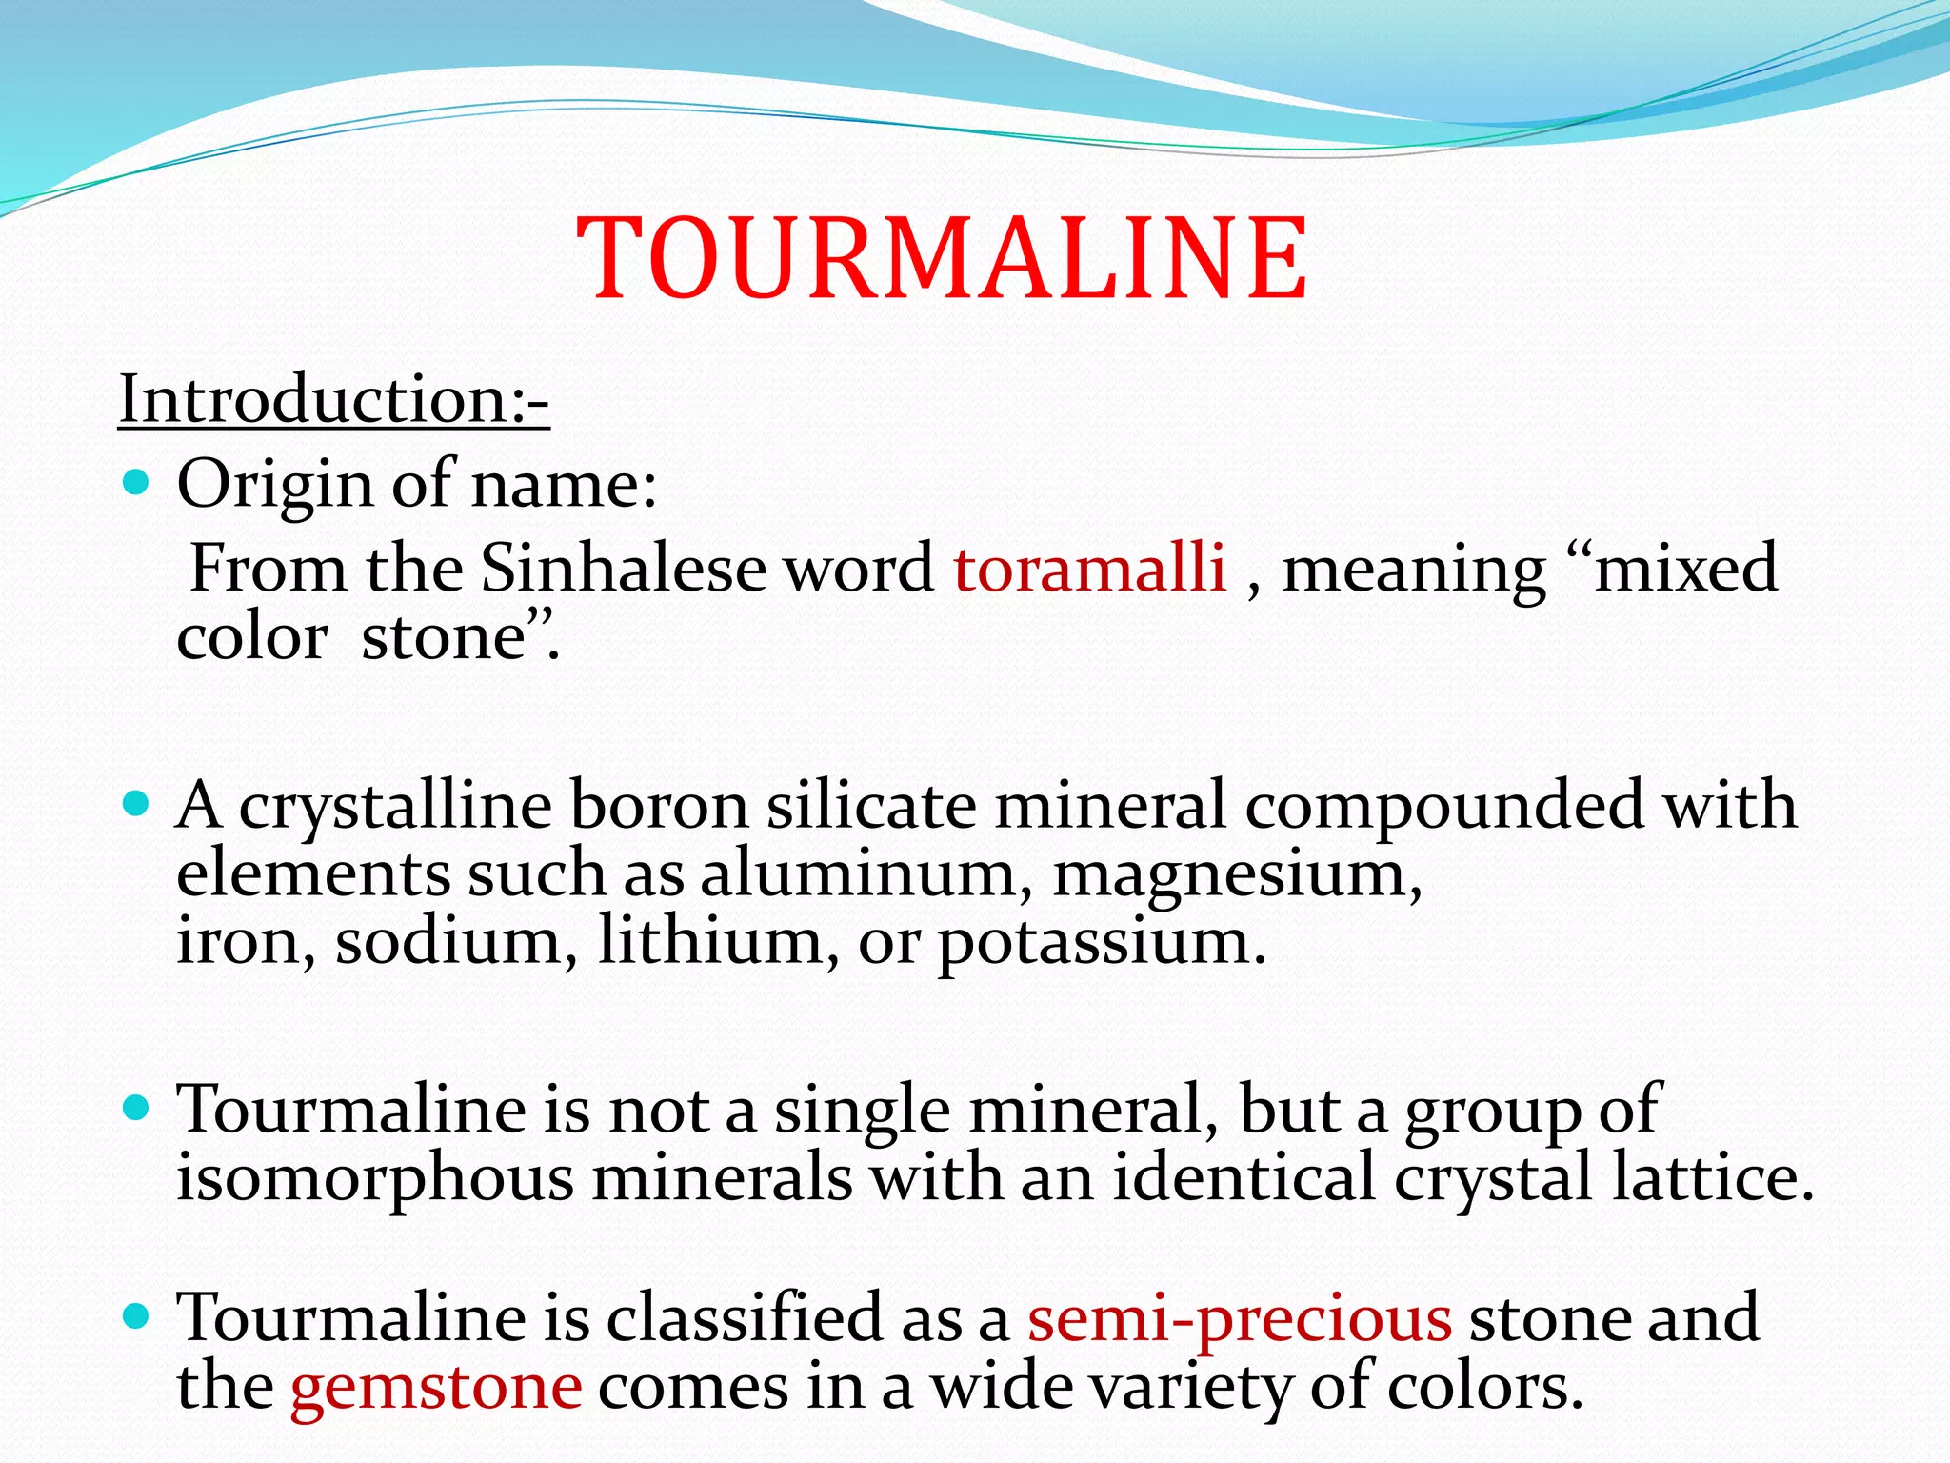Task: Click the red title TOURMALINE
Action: [x=943, y=258]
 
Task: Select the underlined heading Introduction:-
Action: [x=333, y=399]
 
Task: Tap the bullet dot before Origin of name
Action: [x=137, y=483]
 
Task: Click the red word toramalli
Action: [x=1089, y=569]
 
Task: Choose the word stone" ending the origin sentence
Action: [x=461, y=637]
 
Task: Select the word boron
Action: [x=659, y=806]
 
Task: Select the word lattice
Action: [x=1711, y=1177]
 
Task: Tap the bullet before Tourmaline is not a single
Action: [x=137, y=1108]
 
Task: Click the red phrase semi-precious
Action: [x=1240, y=1319]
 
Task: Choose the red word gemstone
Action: [x=436, y=1388]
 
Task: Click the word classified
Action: [x=745, y=1317]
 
